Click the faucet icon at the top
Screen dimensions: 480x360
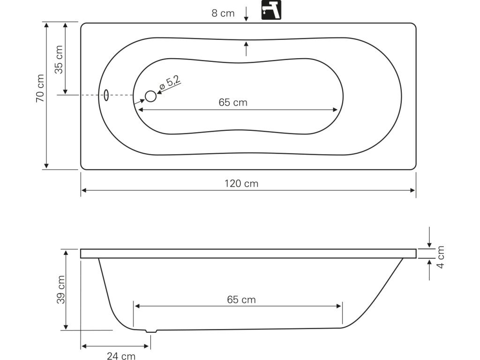[x=271, y=10]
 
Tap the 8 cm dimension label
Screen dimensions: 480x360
[x=223, y=13]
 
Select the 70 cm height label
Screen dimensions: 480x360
[x=40, y=88]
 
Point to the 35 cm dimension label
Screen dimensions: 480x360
[x=59, y=60]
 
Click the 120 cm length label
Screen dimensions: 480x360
[x=241, y=184]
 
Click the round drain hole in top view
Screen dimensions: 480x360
[x=150, y=96]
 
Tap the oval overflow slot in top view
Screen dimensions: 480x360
[x=106, y=95]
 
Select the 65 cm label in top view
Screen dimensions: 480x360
[x=233, y=102]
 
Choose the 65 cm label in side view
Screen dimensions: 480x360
[x=241, y=300]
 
